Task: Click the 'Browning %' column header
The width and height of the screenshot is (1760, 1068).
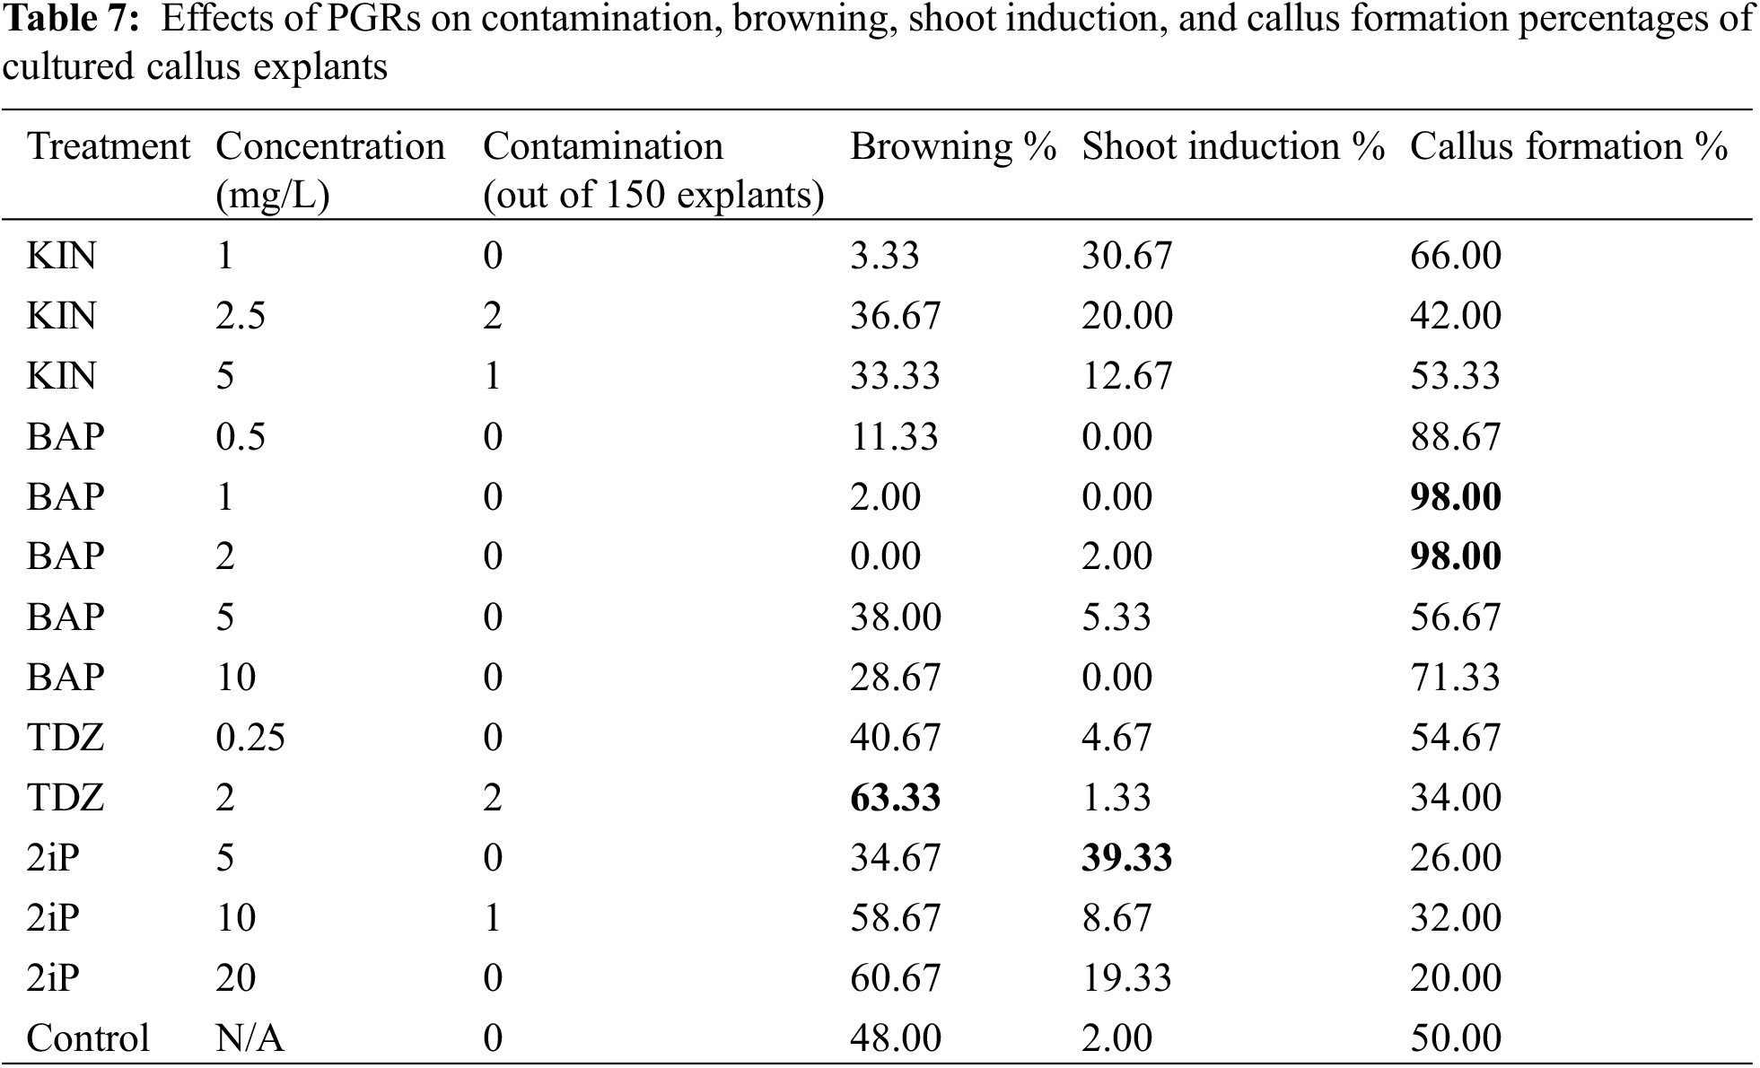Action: pos(952,147)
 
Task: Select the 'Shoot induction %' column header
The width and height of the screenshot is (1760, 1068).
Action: pos(1233,147)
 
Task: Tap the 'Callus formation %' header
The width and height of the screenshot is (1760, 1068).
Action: pos(1568,147)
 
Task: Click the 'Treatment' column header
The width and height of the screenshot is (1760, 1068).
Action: pos(109,147)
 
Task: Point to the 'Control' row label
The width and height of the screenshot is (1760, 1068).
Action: pos(88,1038)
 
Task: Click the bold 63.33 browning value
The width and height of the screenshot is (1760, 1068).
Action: pos(895,798)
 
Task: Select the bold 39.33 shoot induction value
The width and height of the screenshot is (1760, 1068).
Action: pos(1126,858)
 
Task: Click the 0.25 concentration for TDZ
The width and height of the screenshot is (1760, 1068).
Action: pos(250,738)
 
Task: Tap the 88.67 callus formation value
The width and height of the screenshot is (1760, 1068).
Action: pos(1455,437)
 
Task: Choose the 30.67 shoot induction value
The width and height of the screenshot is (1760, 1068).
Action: pos(1126,257)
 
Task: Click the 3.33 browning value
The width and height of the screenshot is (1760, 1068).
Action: pos(885,257)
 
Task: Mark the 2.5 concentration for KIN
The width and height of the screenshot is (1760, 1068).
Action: pos(240,317)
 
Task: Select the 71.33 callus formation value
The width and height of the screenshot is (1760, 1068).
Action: pos(1455,678)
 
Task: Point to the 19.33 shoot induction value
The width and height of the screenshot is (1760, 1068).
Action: pos(1126,978)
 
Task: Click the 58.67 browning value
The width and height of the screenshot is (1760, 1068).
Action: pos(895,918)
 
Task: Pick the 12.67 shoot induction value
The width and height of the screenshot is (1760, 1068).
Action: pos(1126,377)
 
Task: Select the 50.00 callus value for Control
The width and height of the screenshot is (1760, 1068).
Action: pos(1455,1038)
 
